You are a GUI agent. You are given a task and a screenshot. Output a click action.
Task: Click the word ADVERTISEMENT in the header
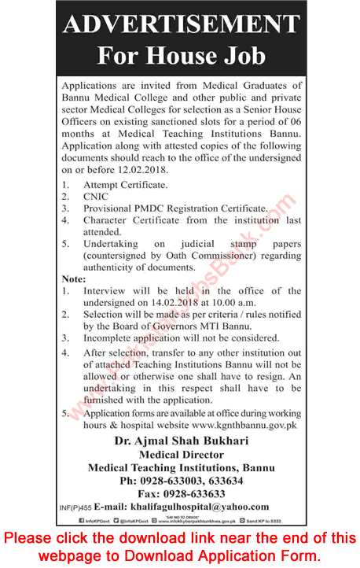click(181, 24)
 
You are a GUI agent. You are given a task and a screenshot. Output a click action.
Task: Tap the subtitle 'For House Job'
click(181, 55)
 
